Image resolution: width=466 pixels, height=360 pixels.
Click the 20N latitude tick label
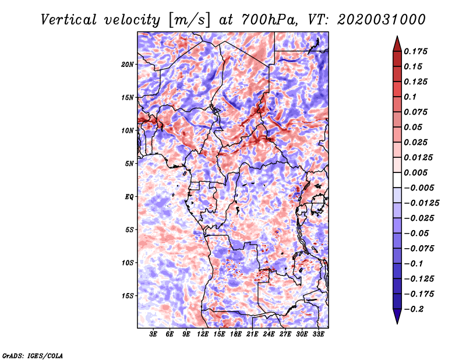[x=128, y=64]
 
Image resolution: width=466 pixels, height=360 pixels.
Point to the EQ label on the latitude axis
[x=129, y=196]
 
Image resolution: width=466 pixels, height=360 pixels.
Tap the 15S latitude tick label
[x=128, y=296]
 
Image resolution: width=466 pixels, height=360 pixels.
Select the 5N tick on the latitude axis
[x=129, y=164]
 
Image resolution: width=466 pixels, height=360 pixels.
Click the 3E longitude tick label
[x=154, y=335]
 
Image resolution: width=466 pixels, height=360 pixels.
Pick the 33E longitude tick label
[x=319, y=335]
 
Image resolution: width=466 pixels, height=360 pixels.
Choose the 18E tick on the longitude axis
[x=236, y=335]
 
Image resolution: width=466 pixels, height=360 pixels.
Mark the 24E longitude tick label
[x=269, y=335]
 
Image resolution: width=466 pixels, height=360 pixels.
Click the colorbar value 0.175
[x=417, y=52]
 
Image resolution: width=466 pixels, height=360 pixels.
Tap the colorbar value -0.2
[x=415, y=309]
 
